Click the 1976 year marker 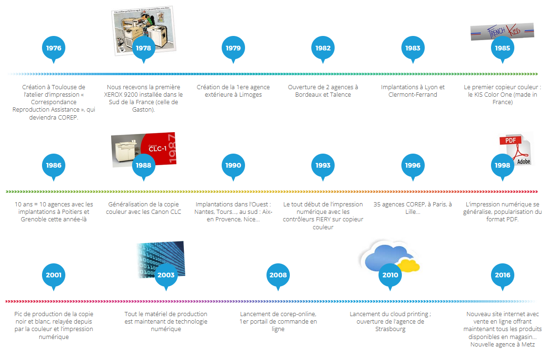click(54, 48)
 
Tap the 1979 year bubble click(233, 48)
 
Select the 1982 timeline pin click(323, 48)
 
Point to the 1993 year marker click(323, 165)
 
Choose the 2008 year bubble click(278, 275)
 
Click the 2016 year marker click(503, 275)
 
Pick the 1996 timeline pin click(413, 165)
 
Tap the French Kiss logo click(502, 32)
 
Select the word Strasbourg click(390, 329)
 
